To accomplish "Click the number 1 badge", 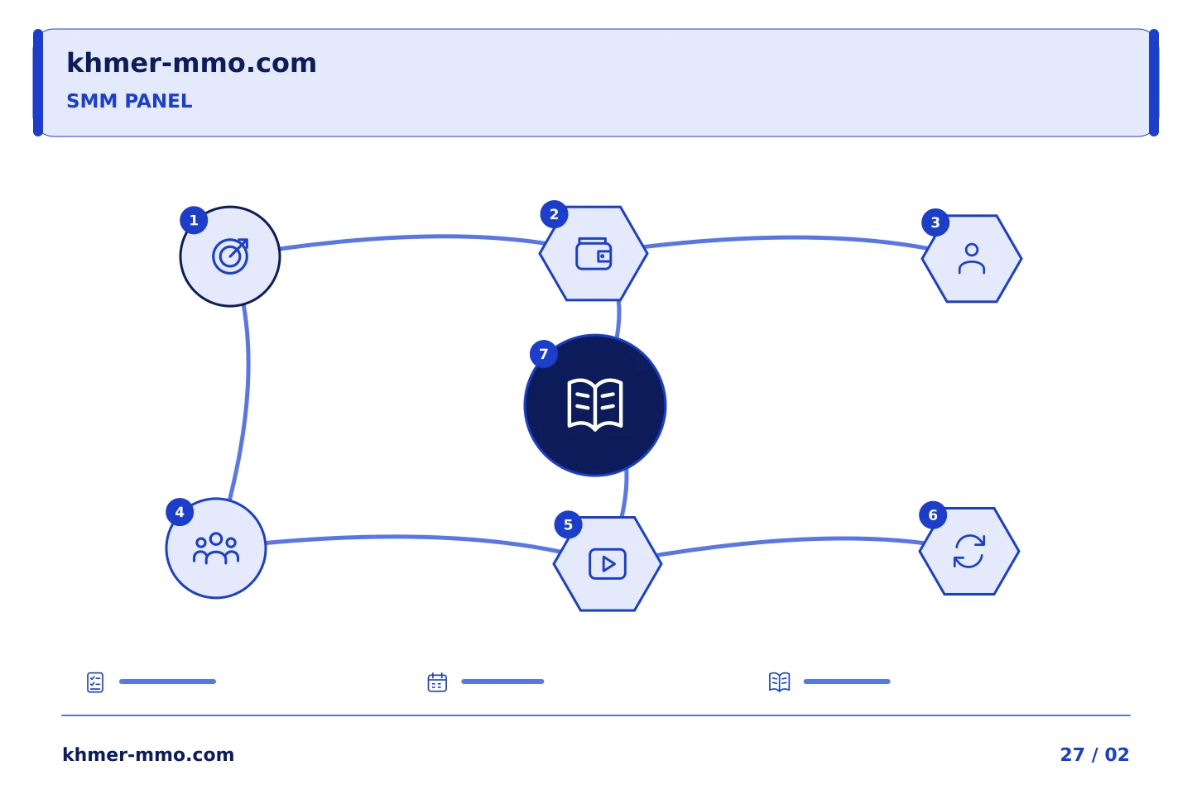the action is coord(194,220).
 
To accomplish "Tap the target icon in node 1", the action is coord(230,256).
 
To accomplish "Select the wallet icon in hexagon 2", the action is coord(594,254).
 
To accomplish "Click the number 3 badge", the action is coord(935,222).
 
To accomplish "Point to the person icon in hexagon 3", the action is coord(972,258).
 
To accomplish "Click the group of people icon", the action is coord(216,548).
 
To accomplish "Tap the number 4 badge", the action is coord(180,512).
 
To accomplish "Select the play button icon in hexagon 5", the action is coord(608,564).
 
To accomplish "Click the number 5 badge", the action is coord(569,525).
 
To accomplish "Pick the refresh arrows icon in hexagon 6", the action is coord(969,552).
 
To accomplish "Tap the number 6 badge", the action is coord(933,514).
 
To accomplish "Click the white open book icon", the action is coord(595,404).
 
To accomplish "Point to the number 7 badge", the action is coord(543,354).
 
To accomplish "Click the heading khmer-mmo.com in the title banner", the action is coord(191,63).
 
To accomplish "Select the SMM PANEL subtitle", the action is coord(129,101).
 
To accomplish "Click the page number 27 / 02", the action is coord(1094,754).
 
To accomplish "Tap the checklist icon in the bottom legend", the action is coord(95,682).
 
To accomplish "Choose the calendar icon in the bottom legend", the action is coord(437,682).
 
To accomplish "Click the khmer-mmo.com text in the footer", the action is coord(148,754).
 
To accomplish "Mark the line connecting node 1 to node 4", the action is coord(248,383).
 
